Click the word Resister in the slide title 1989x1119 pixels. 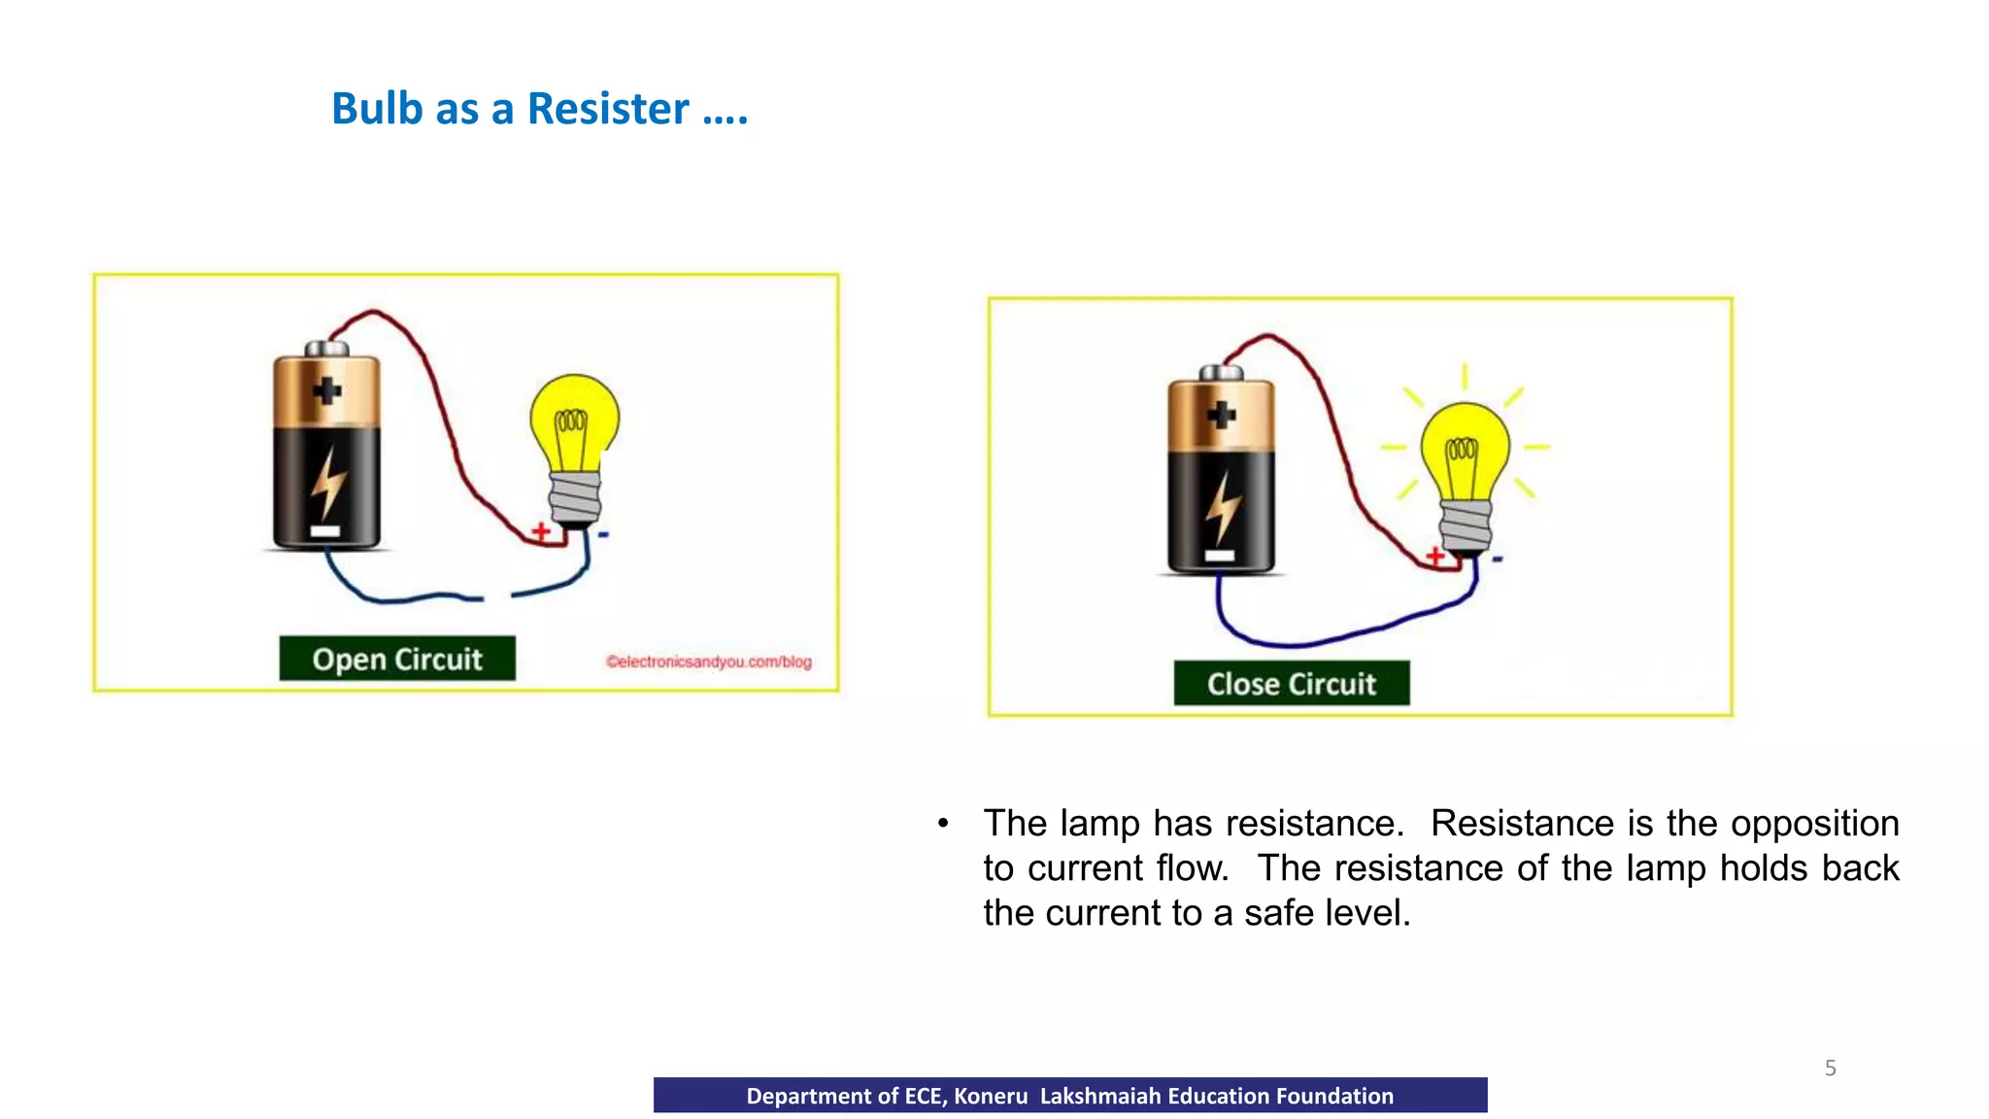[x=608, y=109]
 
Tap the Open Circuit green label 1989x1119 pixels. [x=397, y=660]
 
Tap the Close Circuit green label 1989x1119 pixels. [x=1292, y=684]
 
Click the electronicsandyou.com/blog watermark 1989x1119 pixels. [x=709, y=662]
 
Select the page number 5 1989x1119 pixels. [x=1831, y=1068]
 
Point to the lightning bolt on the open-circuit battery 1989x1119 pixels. [x=328, y=483]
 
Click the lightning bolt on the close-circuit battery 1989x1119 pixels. [x=1223, y=508]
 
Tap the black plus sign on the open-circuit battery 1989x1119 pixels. [x=327, y=390]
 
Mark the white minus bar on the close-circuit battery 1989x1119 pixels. [x=1220, y=556]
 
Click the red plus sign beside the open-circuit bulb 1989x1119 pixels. [x=541, y=531]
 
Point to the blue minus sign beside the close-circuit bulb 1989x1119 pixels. [x=1498, y=559]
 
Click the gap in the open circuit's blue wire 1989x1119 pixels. [x=497, y=596]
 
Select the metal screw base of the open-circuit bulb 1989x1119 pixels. [x=575, y=497]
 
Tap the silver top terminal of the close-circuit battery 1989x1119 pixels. [x=1221, y=373]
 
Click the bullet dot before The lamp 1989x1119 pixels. [x=943, y=825]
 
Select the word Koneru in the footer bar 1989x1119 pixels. [x=991, y=1097]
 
